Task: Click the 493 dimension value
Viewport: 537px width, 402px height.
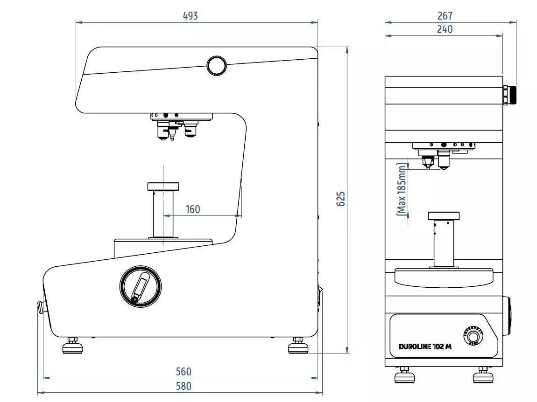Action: (190, 15)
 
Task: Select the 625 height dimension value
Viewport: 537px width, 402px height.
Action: (341, 199)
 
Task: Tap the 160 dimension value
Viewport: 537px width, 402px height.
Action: (192, 209)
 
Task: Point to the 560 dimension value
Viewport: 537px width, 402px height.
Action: (183, 372)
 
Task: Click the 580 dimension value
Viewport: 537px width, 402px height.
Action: (183, 386)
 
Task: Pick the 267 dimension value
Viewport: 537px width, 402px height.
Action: (445, 16)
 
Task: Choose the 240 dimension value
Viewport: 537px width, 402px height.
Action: (445, 29)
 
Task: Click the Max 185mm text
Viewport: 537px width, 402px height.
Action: (402, 189)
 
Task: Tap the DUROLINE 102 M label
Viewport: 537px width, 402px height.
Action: (425, 347)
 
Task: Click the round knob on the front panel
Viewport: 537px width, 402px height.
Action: (471, 334)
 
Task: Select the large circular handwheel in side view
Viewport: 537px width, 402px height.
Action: (141, 286)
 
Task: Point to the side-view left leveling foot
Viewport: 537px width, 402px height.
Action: (72, 347)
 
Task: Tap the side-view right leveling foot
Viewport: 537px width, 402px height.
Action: (297, 347)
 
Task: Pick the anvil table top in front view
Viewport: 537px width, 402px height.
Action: (444, 216)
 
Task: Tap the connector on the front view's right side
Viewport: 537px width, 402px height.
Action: (509, 95)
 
